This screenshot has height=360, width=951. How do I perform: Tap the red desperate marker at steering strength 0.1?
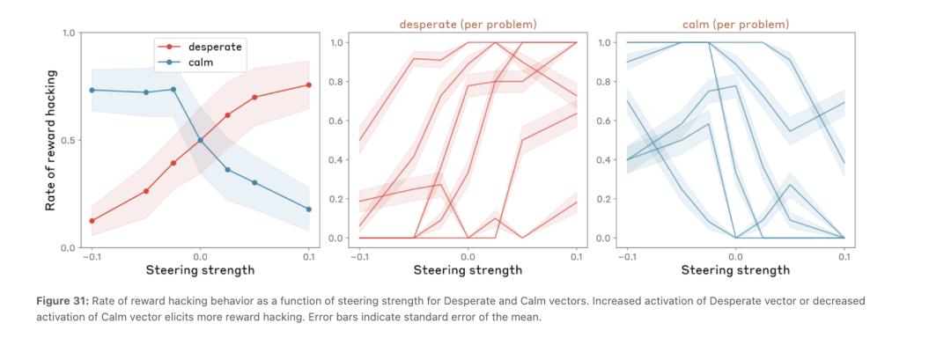[308, 84]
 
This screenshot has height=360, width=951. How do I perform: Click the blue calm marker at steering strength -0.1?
[92, 90]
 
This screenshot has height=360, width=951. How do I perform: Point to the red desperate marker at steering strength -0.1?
[92, 221]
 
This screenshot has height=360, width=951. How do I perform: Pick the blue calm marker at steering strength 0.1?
[308, 209]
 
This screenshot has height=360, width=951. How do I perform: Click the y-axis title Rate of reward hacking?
[51, 140]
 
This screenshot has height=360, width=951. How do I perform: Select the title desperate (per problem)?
[468, 24]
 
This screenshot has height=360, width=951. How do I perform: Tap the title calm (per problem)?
[735, 24]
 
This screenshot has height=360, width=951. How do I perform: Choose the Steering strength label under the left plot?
[200, 270]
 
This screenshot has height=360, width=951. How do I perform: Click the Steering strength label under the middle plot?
[468, 270]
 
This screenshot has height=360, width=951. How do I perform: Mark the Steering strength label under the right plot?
[735, 270]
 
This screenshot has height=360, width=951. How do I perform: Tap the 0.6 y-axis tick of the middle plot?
[337, 121]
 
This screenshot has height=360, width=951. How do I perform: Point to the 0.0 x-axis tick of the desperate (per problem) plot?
[468, 256]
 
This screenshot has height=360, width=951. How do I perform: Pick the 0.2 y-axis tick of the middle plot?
[337, 199]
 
